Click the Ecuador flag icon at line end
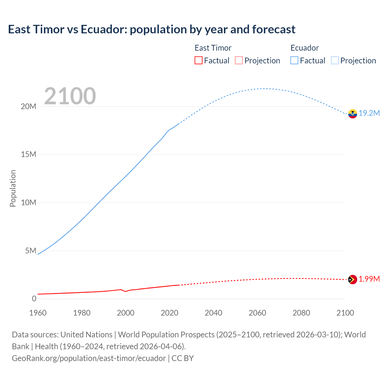point(353,114)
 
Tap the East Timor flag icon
point(353,279)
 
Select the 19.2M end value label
point(369,113)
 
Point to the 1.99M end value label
point(369,279)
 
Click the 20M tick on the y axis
point(28,106)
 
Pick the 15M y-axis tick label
point(28,155)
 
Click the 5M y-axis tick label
point(31,251)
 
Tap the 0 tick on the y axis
point(34,299)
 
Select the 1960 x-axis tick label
point(38,313)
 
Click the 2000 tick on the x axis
point(125,313)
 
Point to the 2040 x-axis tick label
point(213,313)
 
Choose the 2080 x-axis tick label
point(301,313)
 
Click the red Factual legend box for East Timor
point(199,61)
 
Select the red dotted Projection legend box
point(239,61)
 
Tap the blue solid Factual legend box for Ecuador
point(294,61)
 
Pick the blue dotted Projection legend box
point(335,61)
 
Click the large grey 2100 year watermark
point(70,96)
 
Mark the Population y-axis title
point(13,188)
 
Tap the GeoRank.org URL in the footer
point(89,358)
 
